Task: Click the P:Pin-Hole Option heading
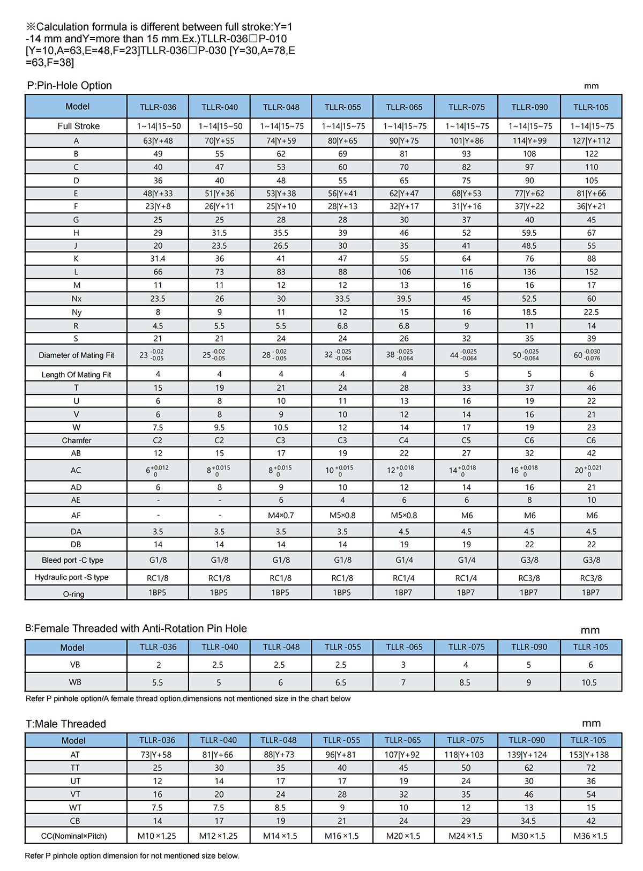[69, 86]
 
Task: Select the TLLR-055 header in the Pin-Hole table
[343, 107]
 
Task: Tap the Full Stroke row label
[78, 126]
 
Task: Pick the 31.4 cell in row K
[158, 259]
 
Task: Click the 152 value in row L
[591, 272]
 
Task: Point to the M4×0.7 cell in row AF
[281, 516]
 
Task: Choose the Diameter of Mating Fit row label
[76, 355]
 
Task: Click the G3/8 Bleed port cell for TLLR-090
[529, 560]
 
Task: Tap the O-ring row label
[74, 594]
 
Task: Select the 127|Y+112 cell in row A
[591, 141]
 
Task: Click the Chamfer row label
[77, 441]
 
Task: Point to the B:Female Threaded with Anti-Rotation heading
[136, 629]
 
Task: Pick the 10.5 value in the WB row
[589, 683]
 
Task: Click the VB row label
[75, 665]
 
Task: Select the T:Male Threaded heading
[65, 724]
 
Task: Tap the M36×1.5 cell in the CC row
[590, 836]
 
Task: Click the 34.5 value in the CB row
[528, 821]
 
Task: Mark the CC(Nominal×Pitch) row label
[74, 836]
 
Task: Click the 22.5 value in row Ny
[591, 312]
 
